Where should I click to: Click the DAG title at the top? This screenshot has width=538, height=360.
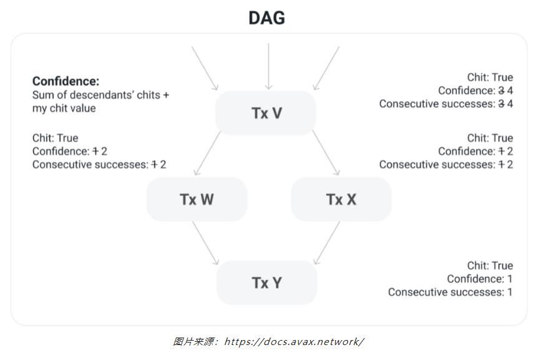pos(267,18)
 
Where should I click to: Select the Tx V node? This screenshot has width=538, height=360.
pos(267,113)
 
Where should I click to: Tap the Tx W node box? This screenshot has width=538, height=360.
pos(197,199)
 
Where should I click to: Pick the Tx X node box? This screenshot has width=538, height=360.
pos(341,199)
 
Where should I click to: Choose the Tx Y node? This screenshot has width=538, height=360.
pos(267,283)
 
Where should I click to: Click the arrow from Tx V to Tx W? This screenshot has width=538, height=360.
pos(207,153)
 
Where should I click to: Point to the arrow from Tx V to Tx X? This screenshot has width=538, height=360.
pos(326,153)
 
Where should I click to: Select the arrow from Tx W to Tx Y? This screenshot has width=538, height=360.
pos(205,242)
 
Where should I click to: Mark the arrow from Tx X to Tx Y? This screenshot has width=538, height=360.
pos(326,242)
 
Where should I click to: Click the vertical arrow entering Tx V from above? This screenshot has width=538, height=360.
pos(268,66)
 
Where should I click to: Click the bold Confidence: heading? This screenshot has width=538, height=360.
pos(66,81)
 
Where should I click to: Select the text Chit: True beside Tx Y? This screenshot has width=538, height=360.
pos(489,265)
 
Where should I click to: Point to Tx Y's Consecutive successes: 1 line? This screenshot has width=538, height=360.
pos(450,292)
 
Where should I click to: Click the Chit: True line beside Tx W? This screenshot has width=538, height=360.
pos(55,138)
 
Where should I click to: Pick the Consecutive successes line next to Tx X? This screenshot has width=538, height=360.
pos(446,165)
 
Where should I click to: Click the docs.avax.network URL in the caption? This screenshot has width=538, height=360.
pos(293,341)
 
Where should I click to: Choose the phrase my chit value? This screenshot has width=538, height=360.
pos(64,109)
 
